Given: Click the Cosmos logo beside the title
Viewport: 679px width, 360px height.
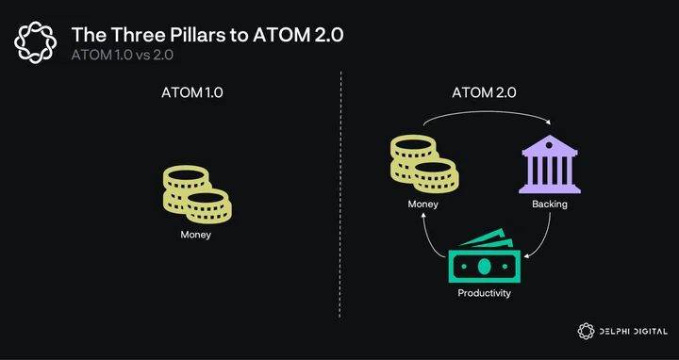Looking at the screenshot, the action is pyautogui.click(x=35, y=42).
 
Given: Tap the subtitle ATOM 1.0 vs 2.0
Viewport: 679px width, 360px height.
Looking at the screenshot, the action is pyautogui.click(x=122, y=56).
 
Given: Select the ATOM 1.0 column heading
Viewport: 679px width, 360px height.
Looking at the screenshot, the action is pyautogui.click(x=192, y=92).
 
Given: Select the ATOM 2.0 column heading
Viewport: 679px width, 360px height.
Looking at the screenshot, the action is pyautogui.click(x=484, y=92).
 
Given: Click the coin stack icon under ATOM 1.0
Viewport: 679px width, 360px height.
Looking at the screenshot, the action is pyautogui.click(x=197, y=194).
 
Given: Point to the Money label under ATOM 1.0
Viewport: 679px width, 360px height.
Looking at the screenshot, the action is pyautogui.click(x=196, y=235).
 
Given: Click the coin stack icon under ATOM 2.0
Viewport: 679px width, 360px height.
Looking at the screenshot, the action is pyautogui.click(x=424, y=164).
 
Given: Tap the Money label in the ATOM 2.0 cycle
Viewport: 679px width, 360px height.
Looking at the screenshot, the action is pyautogui.click(x=423, y=204).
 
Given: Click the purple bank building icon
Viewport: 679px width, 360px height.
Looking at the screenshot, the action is pyautogui.click(x=550, y=164).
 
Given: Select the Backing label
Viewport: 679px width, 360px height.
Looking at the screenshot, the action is pyautogui.click(x=550, y=204).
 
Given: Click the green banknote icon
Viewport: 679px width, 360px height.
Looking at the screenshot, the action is pyautogui.click(x=484, y=255).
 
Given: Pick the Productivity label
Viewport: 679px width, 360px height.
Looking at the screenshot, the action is pyautogui.click(x=484, y=293).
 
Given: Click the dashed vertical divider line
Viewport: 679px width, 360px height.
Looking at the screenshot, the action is pyautogui.click(x=340, y=195).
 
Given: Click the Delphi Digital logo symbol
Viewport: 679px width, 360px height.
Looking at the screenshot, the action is pyautogui.click(x=586, y=331).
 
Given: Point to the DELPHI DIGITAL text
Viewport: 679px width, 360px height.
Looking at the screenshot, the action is pyautogui.click(x=633, y=332).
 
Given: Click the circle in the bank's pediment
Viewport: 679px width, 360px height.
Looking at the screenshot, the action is pyautogui.click(x=549, y=145).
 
